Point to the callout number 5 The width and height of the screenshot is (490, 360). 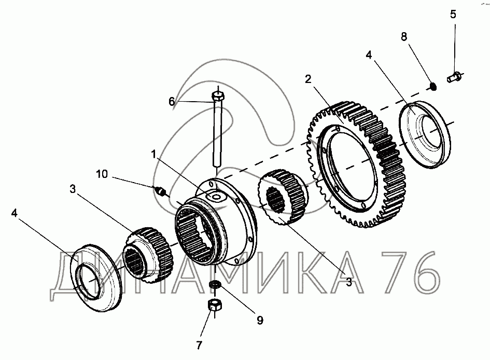pos(453,14)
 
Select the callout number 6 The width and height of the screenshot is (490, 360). pos(172,102)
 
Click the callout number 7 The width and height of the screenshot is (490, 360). pos(199,345)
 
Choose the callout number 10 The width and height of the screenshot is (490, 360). pos(102,174)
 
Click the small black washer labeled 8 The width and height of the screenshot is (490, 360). pos(433,84)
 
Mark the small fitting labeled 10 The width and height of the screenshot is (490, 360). pos(161,192)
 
